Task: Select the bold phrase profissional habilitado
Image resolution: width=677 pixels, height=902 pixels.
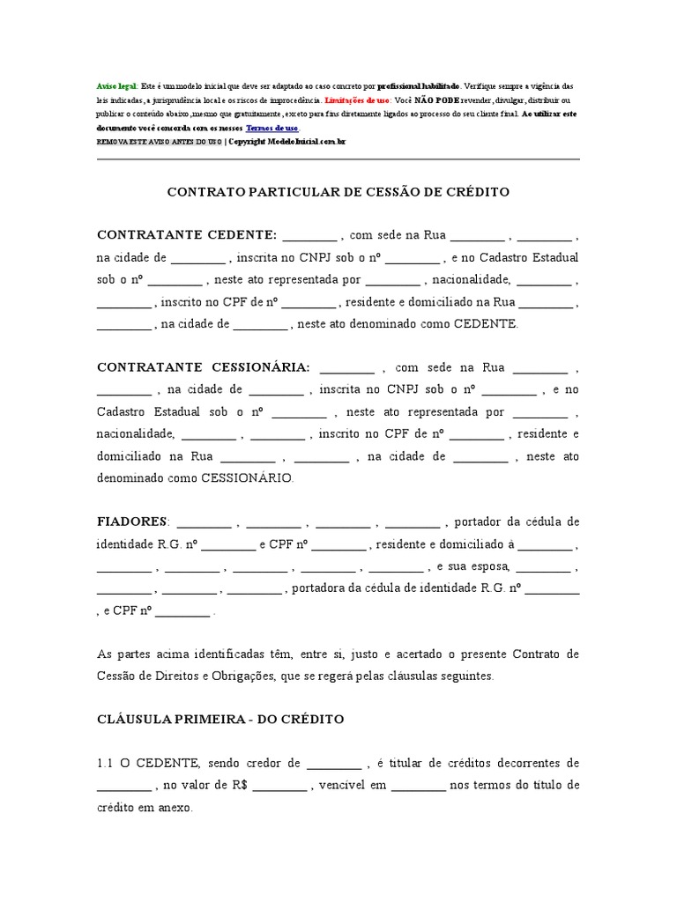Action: pos(418,86)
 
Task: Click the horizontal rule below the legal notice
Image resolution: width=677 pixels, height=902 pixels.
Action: pos(338,159)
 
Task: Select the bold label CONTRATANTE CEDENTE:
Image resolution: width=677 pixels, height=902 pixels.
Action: pos(187,235)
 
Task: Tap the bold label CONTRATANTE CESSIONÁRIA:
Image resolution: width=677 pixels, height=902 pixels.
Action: pos(203,367)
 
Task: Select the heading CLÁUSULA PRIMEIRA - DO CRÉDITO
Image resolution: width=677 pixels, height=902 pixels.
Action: pos(219,720)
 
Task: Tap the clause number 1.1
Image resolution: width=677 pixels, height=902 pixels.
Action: pos(105,764)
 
